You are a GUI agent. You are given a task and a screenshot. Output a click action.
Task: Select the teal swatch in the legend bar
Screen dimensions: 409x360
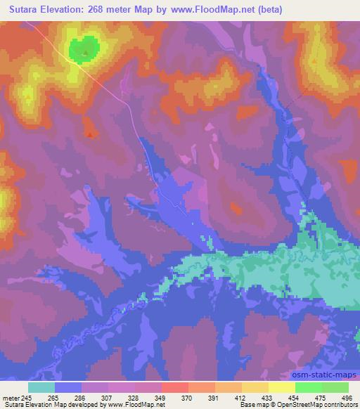[x=41, y=387]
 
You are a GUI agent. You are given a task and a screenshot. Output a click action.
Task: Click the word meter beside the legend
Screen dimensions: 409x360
[x=10, y=398]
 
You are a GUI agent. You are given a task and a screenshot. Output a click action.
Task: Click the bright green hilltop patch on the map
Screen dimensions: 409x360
[x=83, y=49]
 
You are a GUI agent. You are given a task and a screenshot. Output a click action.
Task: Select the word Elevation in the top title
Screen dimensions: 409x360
[x=67, y=8]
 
